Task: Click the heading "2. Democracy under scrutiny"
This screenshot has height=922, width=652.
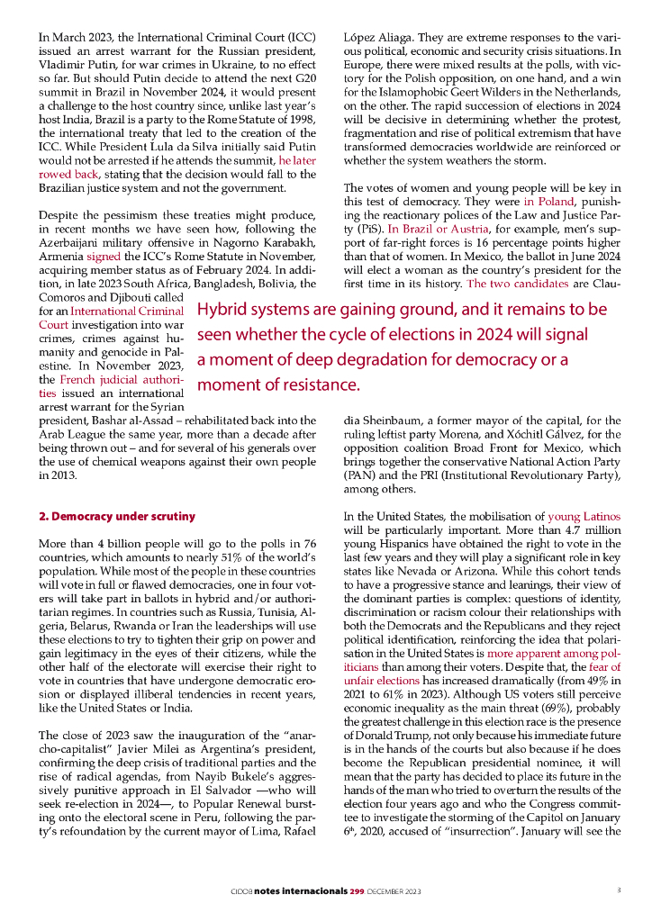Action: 117,517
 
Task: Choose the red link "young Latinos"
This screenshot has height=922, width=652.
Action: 584,517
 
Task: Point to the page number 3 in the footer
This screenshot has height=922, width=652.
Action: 619,890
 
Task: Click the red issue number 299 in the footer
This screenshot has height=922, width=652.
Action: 356,891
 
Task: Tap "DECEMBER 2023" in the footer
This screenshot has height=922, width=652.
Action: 395,891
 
